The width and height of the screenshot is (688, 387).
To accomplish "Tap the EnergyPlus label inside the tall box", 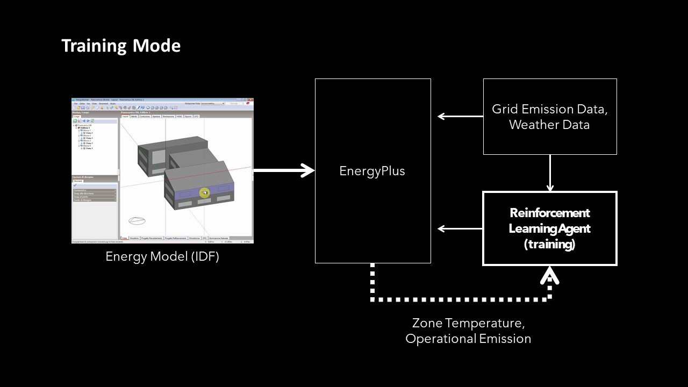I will [372, 171].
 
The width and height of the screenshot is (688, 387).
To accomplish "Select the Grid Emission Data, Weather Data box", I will [549, 117].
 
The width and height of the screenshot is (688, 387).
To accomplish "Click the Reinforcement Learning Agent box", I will [549, 228].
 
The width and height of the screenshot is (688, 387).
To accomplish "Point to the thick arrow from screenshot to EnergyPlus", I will [284, 170].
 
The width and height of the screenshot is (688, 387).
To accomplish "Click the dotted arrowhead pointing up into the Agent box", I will [549, 276].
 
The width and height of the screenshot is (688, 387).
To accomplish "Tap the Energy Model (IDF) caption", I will [162, 256].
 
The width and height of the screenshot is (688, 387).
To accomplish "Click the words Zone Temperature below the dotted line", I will [468, 324].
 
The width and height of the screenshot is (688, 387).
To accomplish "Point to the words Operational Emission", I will [468, 339].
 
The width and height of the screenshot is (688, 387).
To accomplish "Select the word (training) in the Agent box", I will [549, 244].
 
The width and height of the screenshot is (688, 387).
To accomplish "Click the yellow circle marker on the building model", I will [204, 192].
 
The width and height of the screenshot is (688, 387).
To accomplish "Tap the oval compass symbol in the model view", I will [137, 220].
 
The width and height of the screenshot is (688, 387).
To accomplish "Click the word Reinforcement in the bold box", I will [549, 213].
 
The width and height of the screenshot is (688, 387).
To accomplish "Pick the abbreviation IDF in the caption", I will [203, 256].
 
